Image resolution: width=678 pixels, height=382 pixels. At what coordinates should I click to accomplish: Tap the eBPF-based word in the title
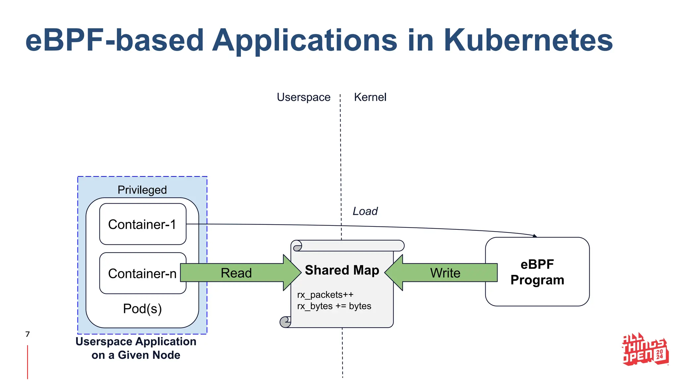coord(114,40)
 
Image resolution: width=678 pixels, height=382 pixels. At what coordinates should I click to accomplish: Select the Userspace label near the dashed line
coord(303,97)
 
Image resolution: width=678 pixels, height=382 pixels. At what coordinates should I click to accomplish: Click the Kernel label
coord(370,97)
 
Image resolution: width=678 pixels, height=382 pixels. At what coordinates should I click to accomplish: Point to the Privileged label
coord(142,190)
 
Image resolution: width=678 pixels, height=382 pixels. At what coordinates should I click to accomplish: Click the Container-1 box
coord(143,224)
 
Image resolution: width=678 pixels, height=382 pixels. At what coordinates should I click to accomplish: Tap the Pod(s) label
coord(142,309)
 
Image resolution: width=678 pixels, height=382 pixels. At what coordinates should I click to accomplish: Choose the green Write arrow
coord(445,273)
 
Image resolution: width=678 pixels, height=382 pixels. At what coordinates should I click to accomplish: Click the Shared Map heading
coord(342,270)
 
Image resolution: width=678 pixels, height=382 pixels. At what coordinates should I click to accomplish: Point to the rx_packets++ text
coord(325,294)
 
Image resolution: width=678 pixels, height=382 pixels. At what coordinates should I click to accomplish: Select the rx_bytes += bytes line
coord(334,306)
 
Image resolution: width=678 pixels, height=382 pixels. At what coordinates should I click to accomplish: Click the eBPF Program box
coord(537,272)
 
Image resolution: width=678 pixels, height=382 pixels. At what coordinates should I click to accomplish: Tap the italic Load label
coord(365,211)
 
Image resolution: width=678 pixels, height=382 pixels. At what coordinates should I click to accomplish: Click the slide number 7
coord(27,334)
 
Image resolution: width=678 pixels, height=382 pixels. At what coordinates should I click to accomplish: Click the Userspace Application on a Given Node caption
coord(136,348)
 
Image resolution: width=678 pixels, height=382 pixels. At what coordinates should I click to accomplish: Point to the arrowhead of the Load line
coord(535,236)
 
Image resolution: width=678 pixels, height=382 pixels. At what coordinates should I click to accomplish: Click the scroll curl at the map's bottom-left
coord(285,322)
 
